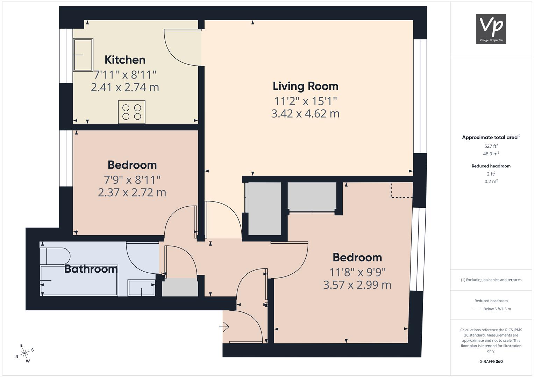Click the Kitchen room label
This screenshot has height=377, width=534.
pyautogui.click(x=125, y=60)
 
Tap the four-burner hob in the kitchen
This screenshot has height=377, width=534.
pyautogui.click(x=131, y=112)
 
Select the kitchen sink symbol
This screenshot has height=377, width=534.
pyautogui.click(x=83, y=55)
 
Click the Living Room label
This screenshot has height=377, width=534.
pyautogui.click(x=305, y=86)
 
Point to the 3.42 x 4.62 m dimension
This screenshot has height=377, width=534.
pyautogui.click(x=305, y=113)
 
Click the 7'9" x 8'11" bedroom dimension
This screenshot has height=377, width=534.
pyautogui.click(x=132, y=180)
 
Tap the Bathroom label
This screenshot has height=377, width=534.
pyautogui.click(x=91, y=269)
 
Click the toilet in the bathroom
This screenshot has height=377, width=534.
pyautogui.click(x=55, y=256)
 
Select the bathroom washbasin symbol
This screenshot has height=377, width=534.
pyautogui.click(x=141, y=288)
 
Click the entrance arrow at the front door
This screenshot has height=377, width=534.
pyautogui.click(x=224, y=326)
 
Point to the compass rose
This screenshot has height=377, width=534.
pyautogui.click(x=24, y=353)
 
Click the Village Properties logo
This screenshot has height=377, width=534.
pyautogui.click(x=491, y=29)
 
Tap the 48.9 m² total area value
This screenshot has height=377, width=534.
pyautogui.click(x=491, y=154)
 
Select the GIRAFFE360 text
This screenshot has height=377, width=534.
pyautogui.click(x=491, y=362)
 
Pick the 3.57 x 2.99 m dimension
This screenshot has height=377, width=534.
pyautogui.click(x=357, y=285)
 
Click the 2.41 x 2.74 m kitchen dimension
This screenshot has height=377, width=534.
pyautogui.click(x=125, y=87)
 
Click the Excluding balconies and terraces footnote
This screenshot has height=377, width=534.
pyautogui.click(x=491, y=280)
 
